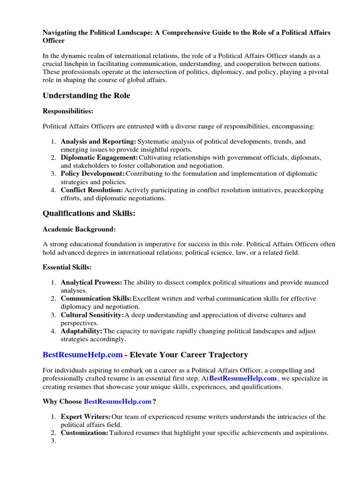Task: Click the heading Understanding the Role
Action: (x=86, y=96)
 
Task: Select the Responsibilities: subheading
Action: (x=68, y=111)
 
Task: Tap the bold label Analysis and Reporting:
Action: (x=98, y=141)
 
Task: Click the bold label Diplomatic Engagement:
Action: (x=99, y=157)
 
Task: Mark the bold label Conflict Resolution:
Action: (x=92, y=190)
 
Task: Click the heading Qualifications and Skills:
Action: (x=89, y=213)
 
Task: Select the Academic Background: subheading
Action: (x=79, y=229)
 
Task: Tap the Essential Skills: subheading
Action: (x=67, y=267)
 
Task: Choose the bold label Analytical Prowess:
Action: (x=91, y=282)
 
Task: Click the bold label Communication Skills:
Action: (x=97, y=299)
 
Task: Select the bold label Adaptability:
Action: (x=82, y=331)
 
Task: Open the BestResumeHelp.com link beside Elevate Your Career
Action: (x=82, y=354)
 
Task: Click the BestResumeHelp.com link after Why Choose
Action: (x=118, y=401)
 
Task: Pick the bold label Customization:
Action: (x=84, y=433)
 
